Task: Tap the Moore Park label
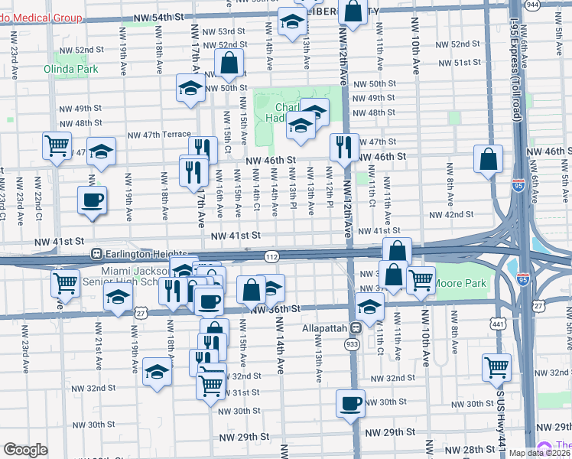click(460, 283)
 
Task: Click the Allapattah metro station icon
click(356, 327)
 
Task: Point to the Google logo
click(24, 450)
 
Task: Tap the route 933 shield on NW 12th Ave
click(352, 345)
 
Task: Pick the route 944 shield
click(554, 5)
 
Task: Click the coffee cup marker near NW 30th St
click(350, 403)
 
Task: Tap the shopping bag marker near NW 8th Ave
click(488, 159)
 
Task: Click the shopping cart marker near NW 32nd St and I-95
click(497, 367)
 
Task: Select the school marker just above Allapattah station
click(369, 307)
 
